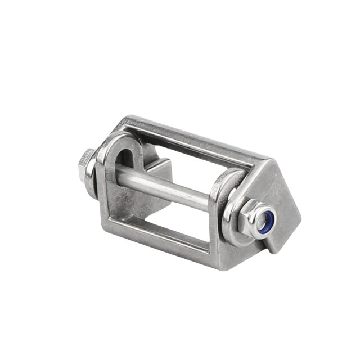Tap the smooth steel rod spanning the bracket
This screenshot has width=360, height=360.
tap(169, 188)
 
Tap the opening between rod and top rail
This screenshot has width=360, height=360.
tap(186, 163)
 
